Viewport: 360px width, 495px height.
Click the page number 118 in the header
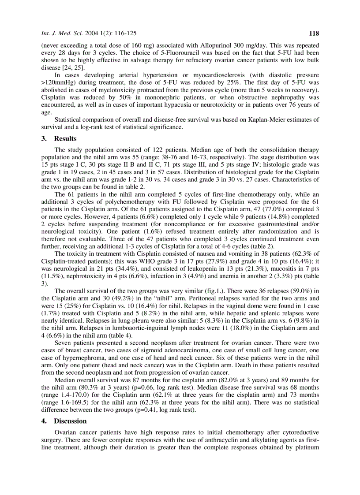tap(314, 33)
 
